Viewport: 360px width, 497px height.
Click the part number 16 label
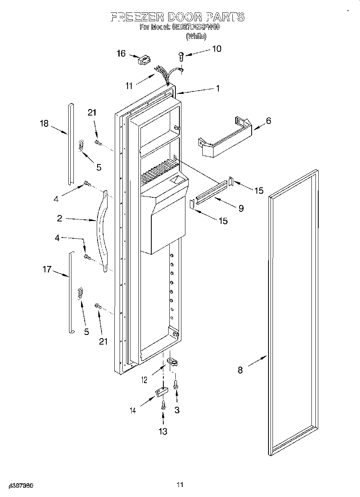[x=121, y=53]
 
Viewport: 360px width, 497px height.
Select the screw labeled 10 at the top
[x=181, y=56]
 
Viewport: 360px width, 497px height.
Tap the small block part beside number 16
[x=143, y=60]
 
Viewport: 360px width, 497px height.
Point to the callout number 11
[x=129, y=85]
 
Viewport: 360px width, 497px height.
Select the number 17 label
[x=47, y=270]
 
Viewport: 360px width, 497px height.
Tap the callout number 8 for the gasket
[x=240, y=370]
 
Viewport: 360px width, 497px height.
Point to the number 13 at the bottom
[x=163, y=432]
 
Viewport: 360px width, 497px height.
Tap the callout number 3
[x=177, y=410]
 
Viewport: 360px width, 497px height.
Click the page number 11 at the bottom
[x=180, y=485]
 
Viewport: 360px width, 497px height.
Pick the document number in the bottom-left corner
[x=20, y=485]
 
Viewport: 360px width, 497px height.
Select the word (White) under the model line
[x=196, y=36]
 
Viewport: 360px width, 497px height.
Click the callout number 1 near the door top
[x=218, y=88]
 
